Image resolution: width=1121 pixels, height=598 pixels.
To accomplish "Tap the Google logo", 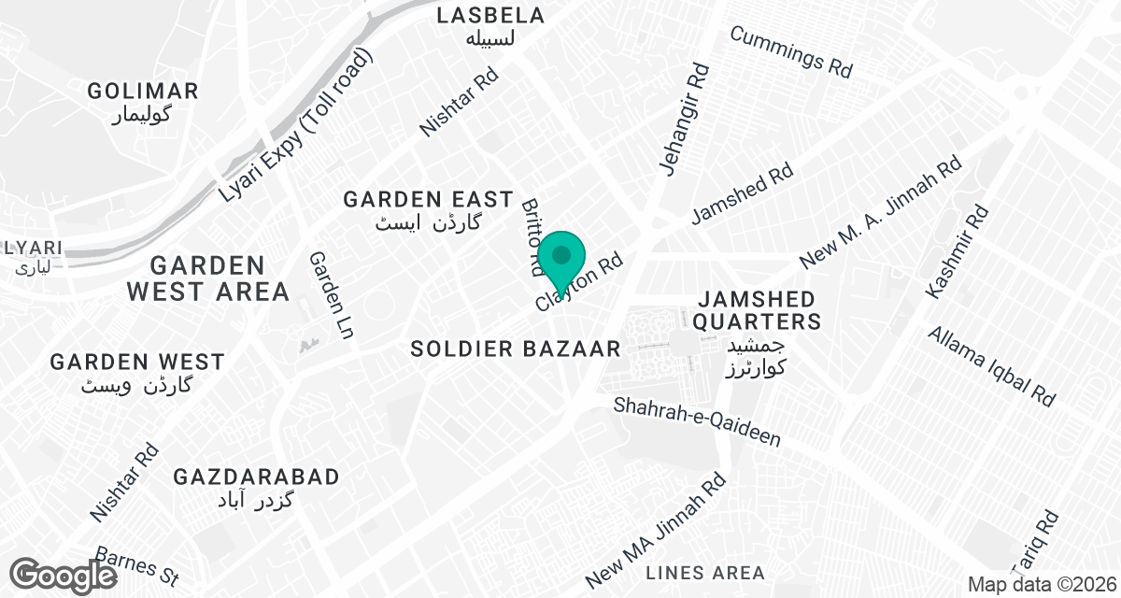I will [x=64, y=575].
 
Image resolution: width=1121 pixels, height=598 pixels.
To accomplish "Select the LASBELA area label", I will [x=490, y=16].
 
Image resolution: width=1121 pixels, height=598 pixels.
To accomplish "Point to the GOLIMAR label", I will [x=143, y=92].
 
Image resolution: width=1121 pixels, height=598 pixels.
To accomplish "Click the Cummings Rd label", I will [x=792, y=50].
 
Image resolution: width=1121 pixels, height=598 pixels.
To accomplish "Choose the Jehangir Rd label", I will [x=685, y=119].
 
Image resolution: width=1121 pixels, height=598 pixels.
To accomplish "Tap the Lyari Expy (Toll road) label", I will [x=296, y=126].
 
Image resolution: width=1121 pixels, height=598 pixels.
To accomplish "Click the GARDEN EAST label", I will [x=428, y=199].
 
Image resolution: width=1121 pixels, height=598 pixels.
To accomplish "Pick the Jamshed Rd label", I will [x=742, y=195].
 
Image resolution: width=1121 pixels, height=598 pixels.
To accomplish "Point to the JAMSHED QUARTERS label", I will [x=757, y=310].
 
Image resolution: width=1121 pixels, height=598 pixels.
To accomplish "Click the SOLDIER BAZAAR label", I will [x=516, y=349].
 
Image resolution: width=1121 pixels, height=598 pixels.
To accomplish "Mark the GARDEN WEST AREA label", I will [x=208, y=278].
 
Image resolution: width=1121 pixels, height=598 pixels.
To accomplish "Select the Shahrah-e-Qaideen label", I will [x=696, y=422].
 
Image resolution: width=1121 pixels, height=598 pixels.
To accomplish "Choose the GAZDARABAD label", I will [x=256, y=477].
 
